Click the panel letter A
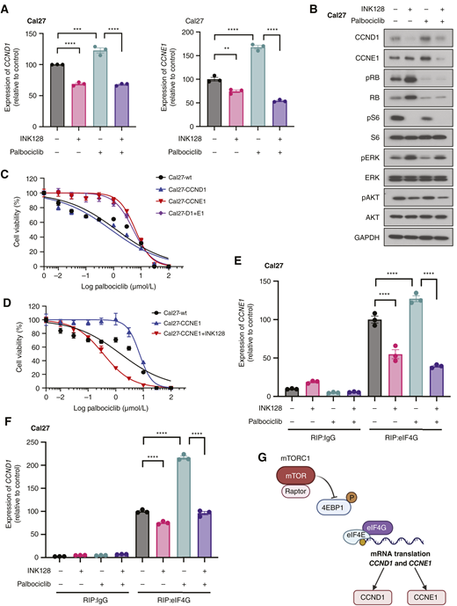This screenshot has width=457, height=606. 6,7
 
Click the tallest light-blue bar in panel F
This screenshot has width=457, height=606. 184,511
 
